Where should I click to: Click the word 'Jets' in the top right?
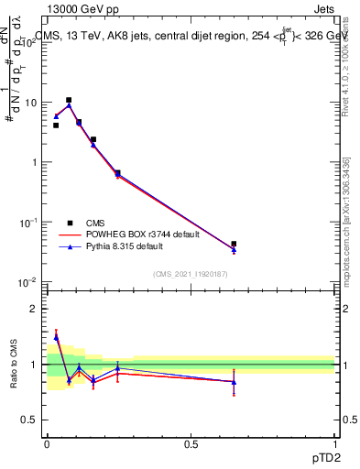tap(323, 8)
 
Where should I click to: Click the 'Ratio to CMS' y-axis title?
tap(13, 364)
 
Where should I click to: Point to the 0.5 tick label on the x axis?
tap(191, 443)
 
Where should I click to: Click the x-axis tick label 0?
tap(47, 443)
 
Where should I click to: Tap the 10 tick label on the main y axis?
tap(32, 103)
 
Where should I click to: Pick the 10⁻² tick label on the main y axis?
tap(29, 281)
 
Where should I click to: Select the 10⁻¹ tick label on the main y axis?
tap(29, 222)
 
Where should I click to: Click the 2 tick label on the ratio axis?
tap(37, 309)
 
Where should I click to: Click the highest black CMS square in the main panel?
tap(69, 100)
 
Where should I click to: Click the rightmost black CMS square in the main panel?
tap(234, 244)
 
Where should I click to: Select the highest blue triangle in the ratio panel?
tap(56, 338)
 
